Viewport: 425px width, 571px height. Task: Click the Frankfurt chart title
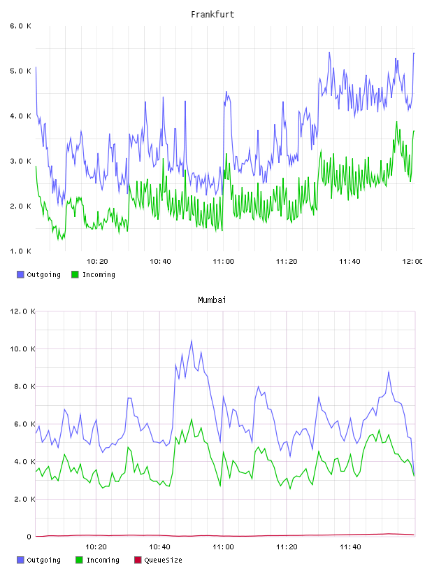coord(212,15)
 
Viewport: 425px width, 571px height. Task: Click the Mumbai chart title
coord(212,300)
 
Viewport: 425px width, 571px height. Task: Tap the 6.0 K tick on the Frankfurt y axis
coord(20,26)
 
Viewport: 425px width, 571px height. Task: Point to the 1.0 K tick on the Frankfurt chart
coord(20,251)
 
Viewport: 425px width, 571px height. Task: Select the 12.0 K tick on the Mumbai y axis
coord(22,311)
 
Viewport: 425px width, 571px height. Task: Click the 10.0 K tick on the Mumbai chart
coord(22,349)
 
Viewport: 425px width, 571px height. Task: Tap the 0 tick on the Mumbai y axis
coord(29,537)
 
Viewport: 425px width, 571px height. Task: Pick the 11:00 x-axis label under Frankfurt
coord(224,262)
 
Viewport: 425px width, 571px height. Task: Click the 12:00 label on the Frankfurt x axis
coord(412,262)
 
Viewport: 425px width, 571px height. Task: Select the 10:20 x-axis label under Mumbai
coord(96,547)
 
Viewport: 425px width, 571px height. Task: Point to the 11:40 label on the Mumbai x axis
coord(350,547)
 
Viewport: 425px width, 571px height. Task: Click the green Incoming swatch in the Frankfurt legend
coord(75,274)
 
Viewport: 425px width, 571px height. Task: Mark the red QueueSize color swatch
coord(138,560)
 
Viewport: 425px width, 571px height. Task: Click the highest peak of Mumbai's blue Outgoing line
coord(192,341)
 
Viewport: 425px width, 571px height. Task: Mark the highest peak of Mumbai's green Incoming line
coord(192,419)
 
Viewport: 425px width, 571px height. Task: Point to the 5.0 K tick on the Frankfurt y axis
coord(20,71)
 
